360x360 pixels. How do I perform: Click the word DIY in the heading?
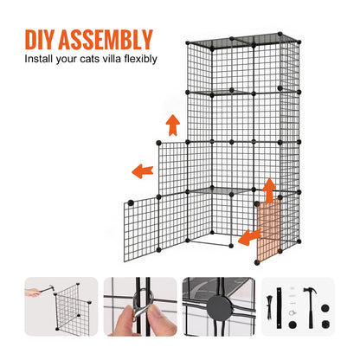point(44,40)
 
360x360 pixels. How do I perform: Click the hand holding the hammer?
point(31,292)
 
